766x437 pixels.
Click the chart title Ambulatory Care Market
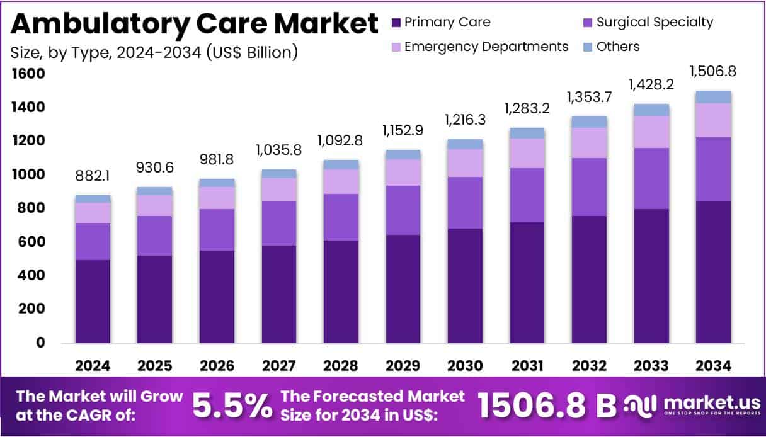point(194,23)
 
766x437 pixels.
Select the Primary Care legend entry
point(440,23)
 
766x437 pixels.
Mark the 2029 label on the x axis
point(403,366)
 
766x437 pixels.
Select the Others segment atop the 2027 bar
point(279,173)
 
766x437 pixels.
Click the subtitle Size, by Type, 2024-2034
point(154,52)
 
